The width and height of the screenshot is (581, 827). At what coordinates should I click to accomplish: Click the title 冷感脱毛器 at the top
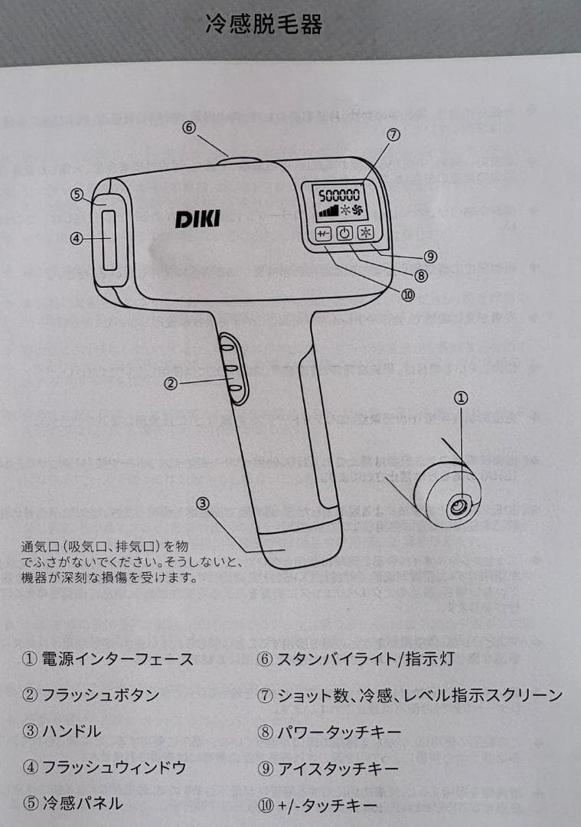[x=264, y=25]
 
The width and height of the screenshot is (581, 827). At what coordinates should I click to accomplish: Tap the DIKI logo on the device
[x=197, y=218]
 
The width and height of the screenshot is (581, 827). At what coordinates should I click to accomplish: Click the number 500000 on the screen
[x=338, y=194]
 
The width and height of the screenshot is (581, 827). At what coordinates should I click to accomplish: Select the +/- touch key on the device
[x=322, y=234]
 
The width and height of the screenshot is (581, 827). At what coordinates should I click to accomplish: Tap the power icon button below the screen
[x=344, y=234]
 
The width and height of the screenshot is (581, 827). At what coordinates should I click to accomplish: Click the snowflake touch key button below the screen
[x=367, y=234]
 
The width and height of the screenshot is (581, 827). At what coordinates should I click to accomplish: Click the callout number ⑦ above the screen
[x=393, y=135]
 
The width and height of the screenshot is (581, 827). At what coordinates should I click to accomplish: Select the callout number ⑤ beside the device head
[x=77, y=194]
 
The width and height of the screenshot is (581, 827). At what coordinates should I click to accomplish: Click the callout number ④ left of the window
[x=76, y=238]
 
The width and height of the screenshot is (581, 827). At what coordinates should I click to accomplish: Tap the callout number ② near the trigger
[x=171, y=383]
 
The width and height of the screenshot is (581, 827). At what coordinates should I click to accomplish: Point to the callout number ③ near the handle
[x=202, y=503]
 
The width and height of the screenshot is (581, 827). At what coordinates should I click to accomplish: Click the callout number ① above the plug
[x=460, y=397]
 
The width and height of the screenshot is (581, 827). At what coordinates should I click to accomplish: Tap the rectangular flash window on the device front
[x=109, y=240]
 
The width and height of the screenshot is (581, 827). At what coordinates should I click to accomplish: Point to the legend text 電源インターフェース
[x=117, y=659]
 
